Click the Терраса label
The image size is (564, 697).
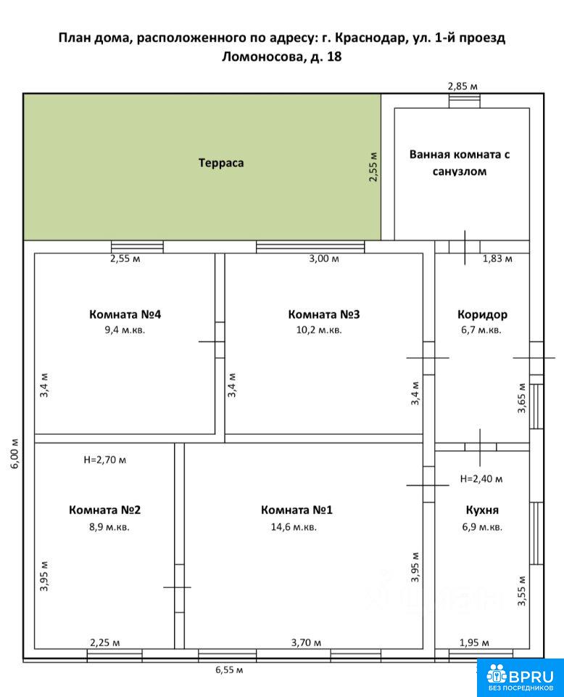pyautogui.click(x=221, y=163)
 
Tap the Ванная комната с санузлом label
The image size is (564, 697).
pyautogui.click(x=460, y=163)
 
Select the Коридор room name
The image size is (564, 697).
pyautogui.click(x=482, y=314)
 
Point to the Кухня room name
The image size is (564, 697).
pyautogui.click(x=482, y=510)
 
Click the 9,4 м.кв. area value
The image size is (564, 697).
pyautogui.click(x=125, y=330)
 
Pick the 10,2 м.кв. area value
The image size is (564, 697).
pyautogui.click(x=319, y=330)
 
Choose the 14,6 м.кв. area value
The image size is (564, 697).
pyautogui.click(x=294, y=527)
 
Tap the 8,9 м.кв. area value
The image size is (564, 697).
pyautogui.click(x=109, y=527)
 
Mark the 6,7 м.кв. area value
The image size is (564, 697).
pyautogui.click(x=481, y=330)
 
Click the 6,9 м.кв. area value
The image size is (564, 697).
pyautogui.click(x=482, y=527)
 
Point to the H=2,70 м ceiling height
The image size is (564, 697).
pyautogui.click(x=104, y=460)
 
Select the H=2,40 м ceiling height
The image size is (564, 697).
pyautogui.click(x=481, y=478)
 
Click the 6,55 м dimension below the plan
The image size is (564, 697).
pyautogui.click(x=229, y=670)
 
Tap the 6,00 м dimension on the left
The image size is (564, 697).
pyautogui.click(x=15, y=453)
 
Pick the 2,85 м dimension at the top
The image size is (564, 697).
pyautogui.click(x=463, y=86)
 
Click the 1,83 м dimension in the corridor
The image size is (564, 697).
pyautogui.click(x=497, y=258)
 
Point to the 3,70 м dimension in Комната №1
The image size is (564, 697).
pyautogui.click(x=306, y=643)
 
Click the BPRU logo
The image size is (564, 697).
pyautogui.click(x=520, y=678)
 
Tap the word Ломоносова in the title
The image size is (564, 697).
pyautogui.click(x=261, y=57)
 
